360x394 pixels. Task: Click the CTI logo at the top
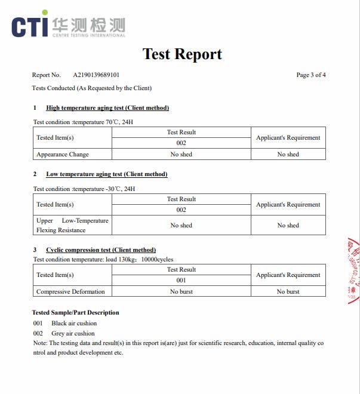click(x=68, y=24)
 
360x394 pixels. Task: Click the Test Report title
click(x=182, y=54)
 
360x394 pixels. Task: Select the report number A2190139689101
click(x=96, y=75)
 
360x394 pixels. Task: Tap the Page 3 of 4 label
click(x=310, y=75)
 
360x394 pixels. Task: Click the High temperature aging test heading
click(x=107, y=108)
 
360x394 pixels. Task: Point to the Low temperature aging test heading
click(x=106, y=174)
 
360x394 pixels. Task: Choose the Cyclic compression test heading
click(x=101, y=250)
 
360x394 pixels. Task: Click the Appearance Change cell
click(x=63, y=155)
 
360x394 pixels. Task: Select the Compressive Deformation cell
click(x=70, y=292)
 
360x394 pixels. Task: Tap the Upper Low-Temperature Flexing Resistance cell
click(x=72, y=225)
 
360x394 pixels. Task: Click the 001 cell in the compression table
click(x=181, y=281)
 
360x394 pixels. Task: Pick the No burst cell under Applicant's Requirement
click(x=288, y=292)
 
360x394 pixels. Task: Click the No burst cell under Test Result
click(x=181, y=292)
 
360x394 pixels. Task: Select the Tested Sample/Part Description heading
click(x=75, y=313)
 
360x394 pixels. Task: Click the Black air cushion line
click(x=65, y=324)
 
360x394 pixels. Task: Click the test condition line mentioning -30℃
click(x=84, y=189)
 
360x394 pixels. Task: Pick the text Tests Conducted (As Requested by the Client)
click(x=92, y=88)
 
